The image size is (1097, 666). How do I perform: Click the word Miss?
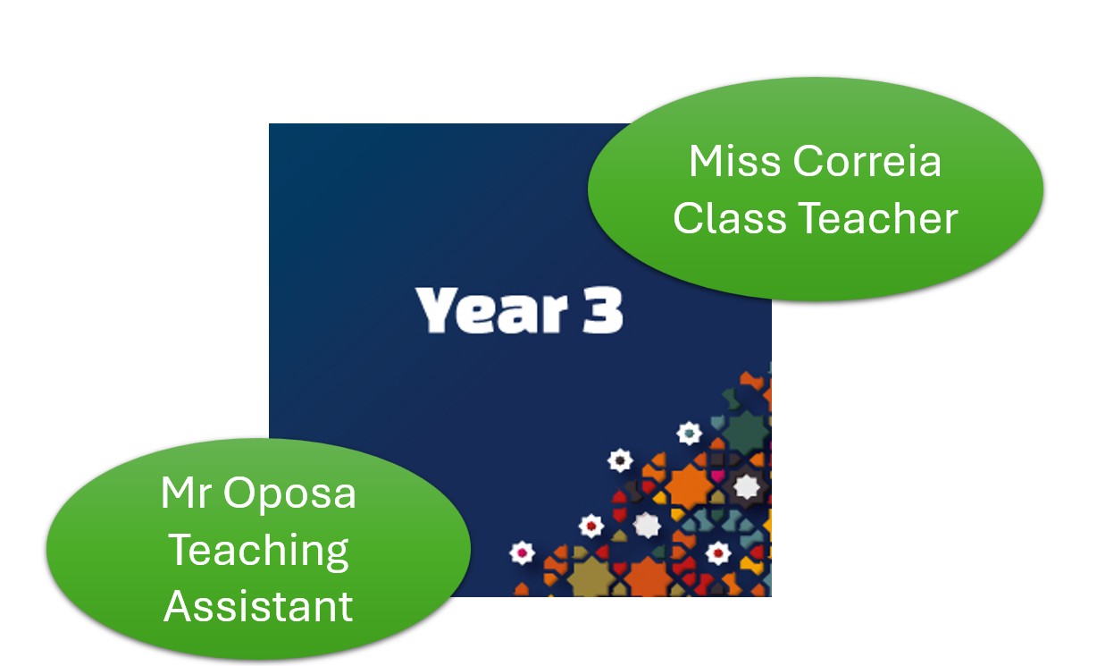(x=734, y=161)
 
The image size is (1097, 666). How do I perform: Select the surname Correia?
(x=867, y=161)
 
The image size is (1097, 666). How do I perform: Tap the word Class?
(x=730, y=217)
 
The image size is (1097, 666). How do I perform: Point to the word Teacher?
(x=878, y=217)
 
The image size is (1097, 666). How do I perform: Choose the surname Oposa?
(x=289, y=493)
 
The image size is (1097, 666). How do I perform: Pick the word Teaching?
(x=258, y=552)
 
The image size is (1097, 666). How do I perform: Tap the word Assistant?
(x=258, y=607)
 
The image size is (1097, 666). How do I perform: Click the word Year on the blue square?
(x=491, y=310)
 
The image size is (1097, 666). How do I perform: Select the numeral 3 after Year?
(x=603, y=310)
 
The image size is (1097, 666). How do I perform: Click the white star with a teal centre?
(x=689, y=434)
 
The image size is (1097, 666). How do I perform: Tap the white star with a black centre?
(x=620, y=460)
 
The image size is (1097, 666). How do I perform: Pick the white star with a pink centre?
(x=522, y=552)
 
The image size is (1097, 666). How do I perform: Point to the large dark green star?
(x=745, y=432)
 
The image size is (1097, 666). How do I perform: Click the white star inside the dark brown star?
(x=745, y=486)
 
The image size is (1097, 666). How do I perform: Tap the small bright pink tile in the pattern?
(x=718, y=475)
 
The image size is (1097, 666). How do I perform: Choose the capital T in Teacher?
(x=814, y=217)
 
